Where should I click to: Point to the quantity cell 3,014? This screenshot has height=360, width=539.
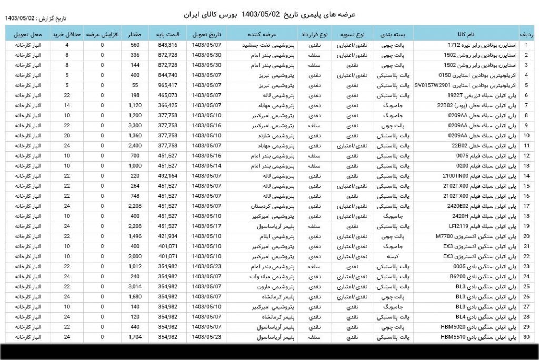pyautogui.click(x=135, y=287)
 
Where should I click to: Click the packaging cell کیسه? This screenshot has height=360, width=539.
pyautogui.click(x=395, y=256)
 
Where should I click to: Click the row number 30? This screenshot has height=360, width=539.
pyautogui.click(x=526, y=337)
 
